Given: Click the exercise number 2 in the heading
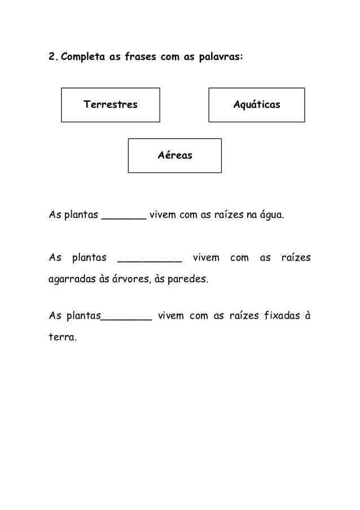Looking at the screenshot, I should click(x=51, y=57).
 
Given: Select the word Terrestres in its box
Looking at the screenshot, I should click(x=111, y=105).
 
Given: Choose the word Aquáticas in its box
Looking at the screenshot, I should click(x=257, y=105).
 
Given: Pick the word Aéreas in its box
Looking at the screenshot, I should click(x=175, y=155).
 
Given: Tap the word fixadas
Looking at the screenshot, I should click(x=275, y=315).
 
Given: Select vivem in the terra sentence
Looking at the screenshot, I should click(x=171, y=315).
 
